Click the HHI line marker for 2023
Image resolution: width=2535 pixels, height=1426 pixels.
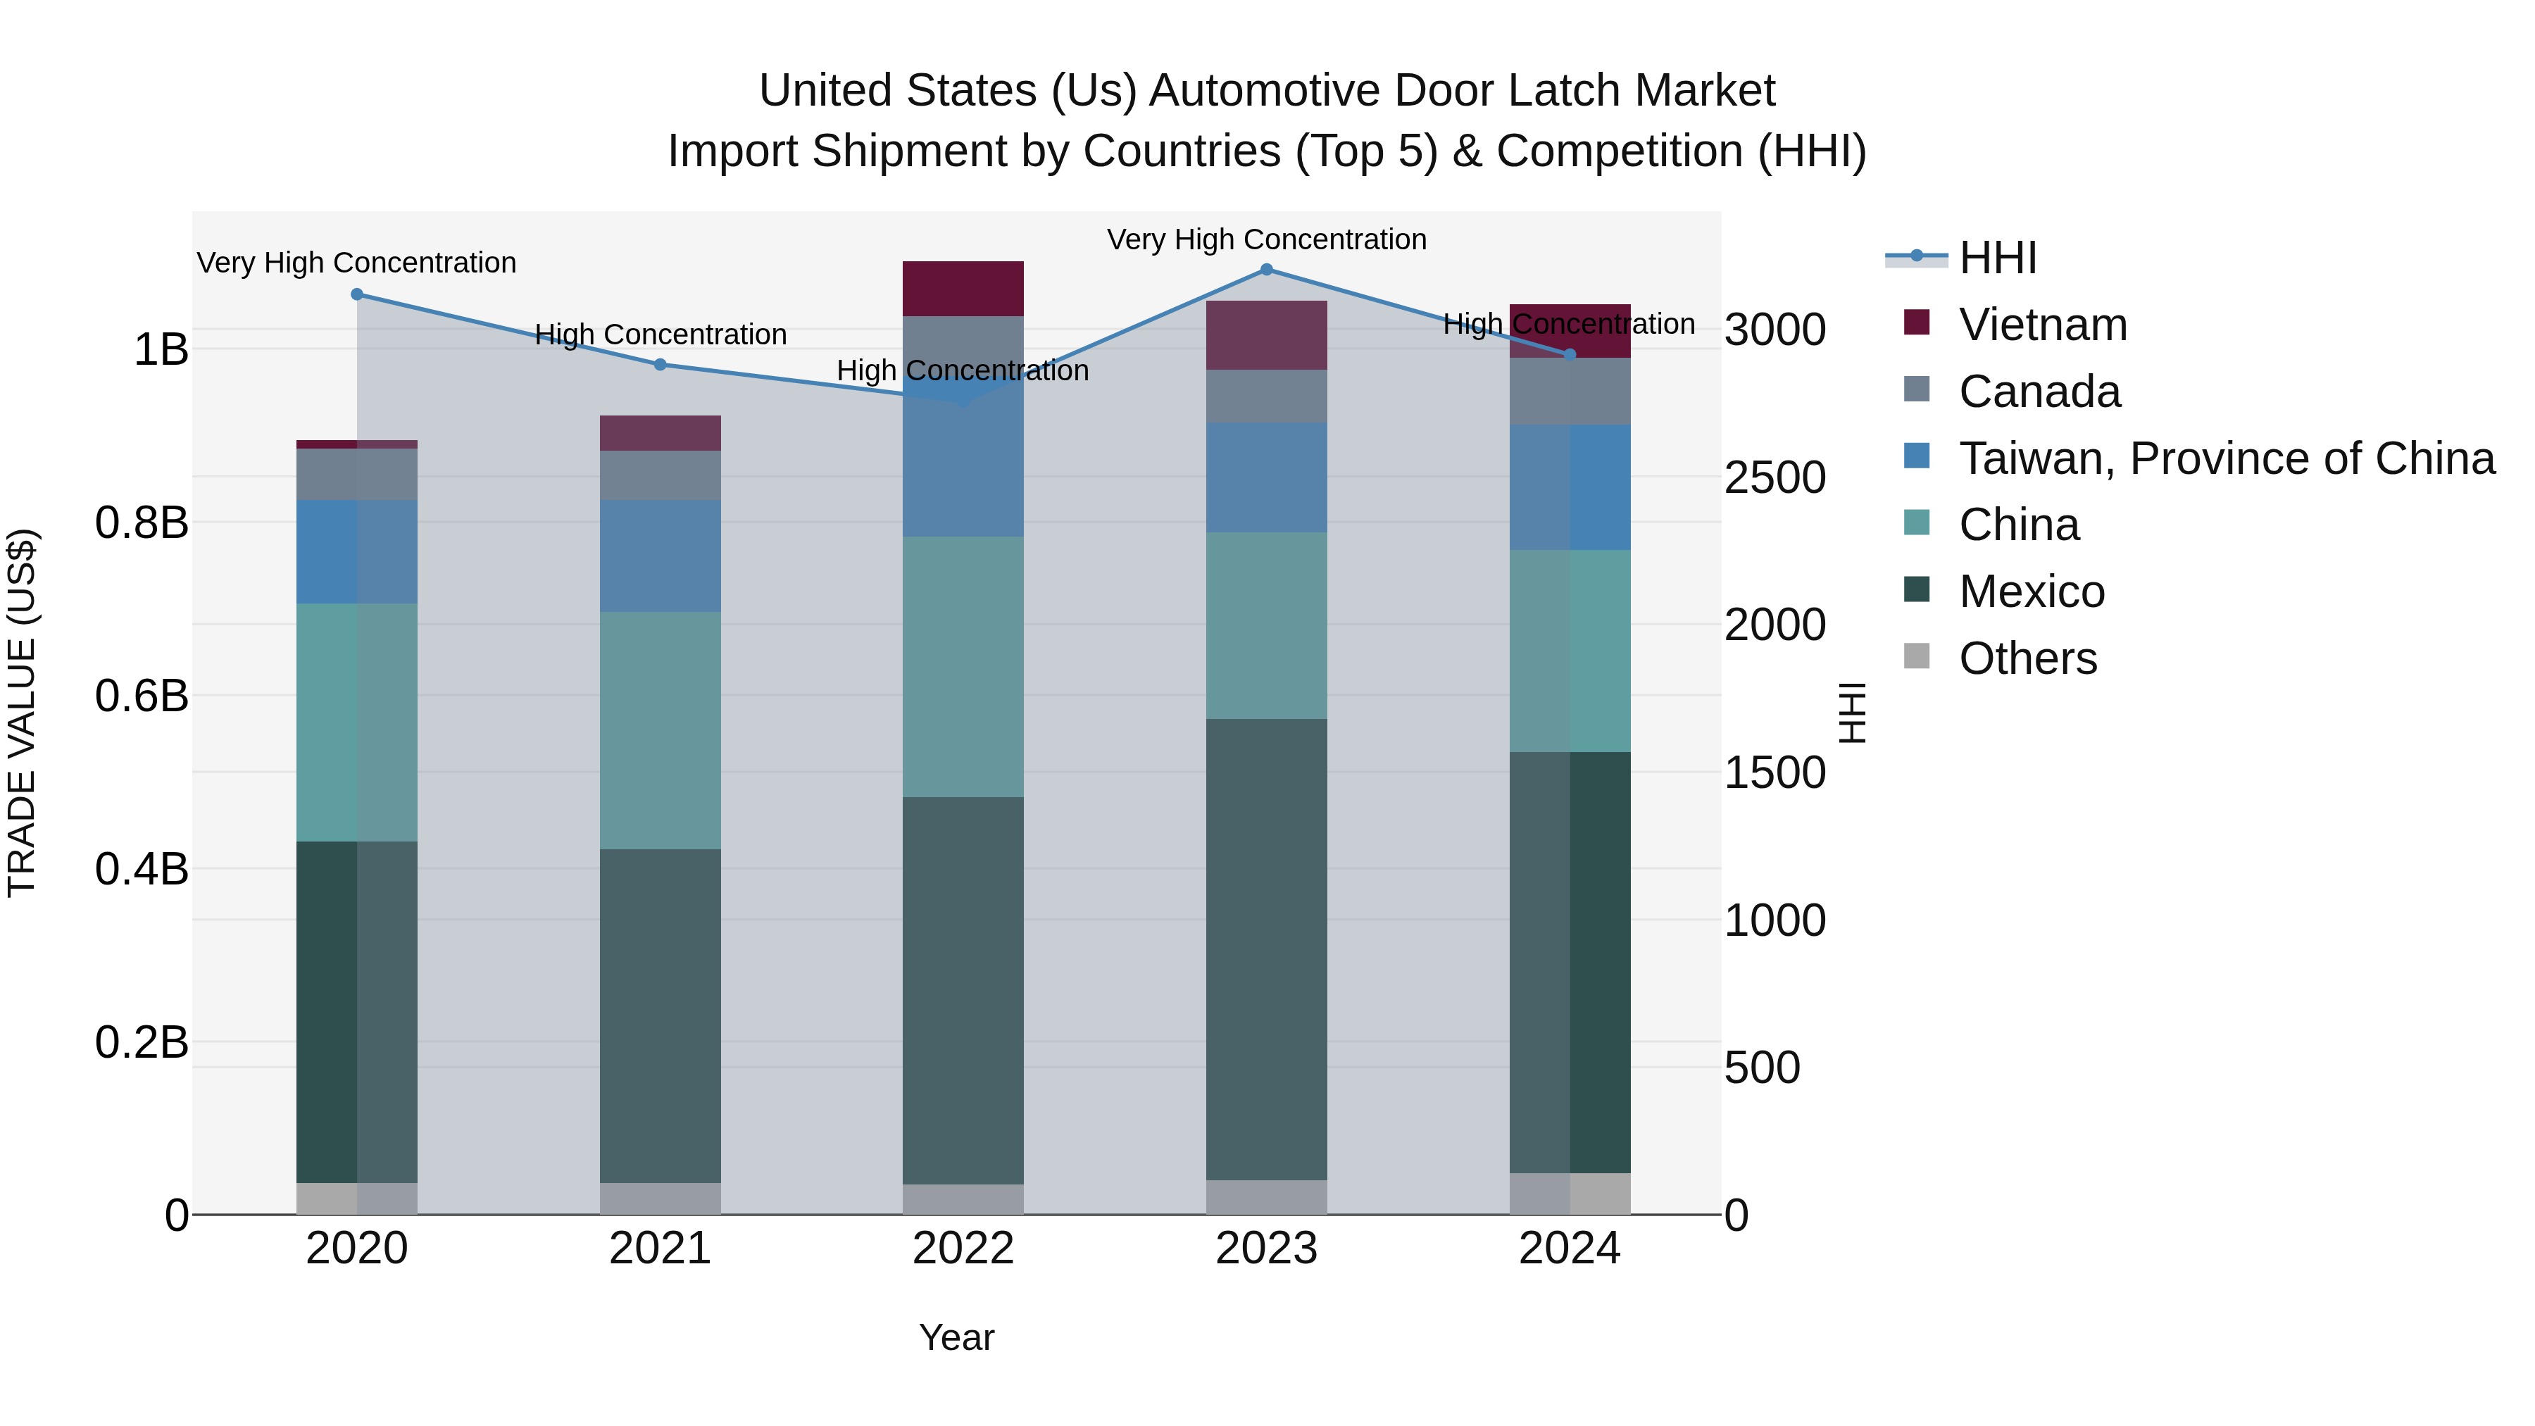coord(1267,270)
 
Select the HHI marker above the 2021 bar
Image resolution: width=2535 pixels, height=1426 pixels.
coord(661,364)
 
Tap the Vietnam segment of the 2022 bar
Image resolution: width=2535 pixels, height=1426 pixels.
coord(963,288)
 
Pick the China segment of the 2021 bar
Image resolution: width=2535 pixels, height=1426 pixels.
coord(661,730)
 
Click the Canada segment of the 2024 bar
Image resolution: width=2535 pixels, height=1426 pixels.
coord(1570,392)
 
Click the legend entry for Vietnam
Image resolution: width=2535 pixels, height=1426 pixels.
coord(2042,325)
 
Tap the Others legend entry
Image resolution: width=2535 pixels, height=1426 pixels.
coord(2027,658)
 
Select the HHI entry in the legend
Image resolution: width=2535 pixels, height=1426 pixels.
coord(1997,258)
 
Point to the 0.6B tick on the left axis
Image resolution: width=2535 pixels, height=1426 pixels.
coord(142,696)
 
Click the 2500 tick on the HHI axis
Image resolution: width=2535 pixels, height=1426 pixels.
coord(1775,477)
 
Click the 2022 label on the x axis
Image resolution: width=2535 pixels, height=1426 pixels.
coord(963,1248)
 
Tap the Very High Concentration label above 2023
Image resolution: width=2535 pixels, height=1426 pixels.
coord(1267,239)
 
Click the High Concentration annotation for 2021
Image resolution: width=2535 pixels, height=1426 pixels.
coord(661,334)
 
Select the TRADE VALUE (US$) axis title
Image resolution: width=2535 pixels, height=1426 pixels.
coord(22,713)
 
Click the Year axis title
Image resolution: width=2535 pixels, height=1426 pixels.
coord(956,1337)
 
